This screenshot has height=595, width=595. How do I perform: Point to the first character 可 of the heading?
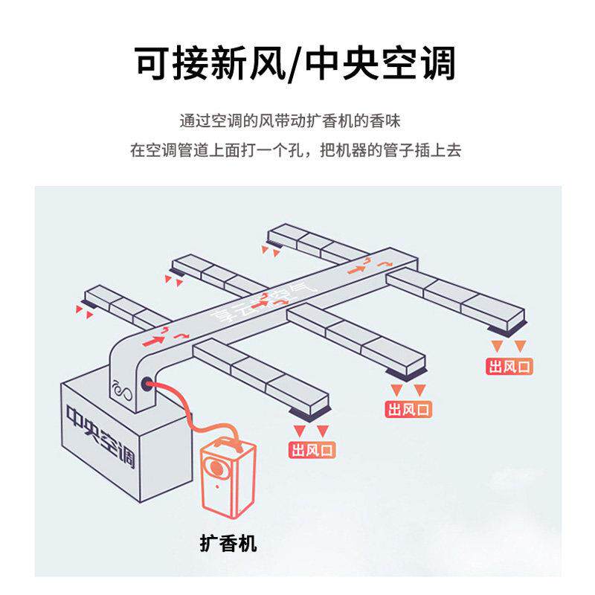click(x=154, y=62)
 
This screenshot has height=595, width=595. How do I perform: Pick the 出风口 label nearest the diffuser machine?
click(x=312, y=450)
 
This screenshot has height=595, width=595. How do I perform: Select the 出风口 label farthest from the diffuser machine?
click(x=511, y=366)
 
